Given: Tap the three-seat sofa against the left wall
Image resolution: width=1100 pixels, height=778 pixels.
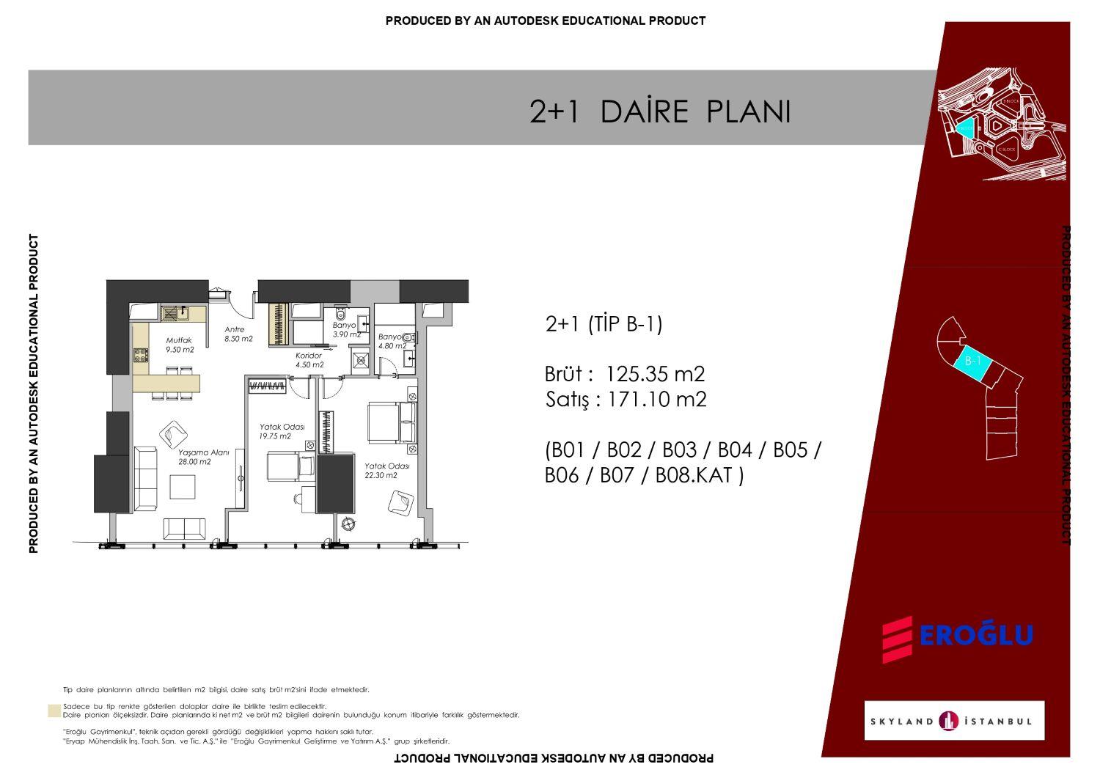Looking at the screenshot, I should tap(146, 478).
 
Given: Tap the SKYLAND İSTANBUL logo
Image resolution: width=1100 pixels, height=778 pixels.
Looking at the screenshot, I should tap(954, 721).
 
